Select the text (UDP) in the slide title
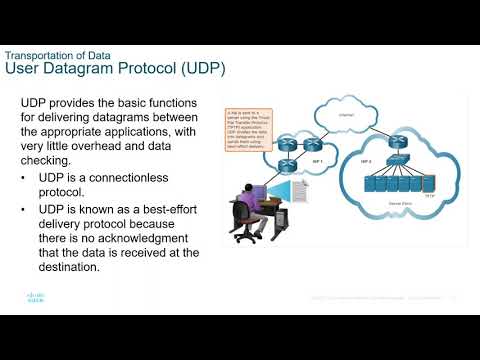(x=199, y=69)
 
